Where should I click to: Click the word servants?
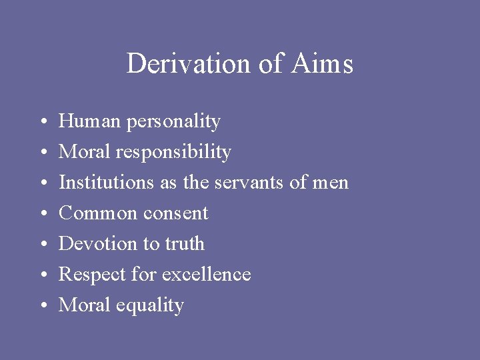pyautogui.click(x=251, y=183)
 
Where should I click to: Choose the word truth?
pyautogui.click(x=183, y=244)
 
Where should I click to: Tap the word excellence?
pyautogui.click(x=207, y=275)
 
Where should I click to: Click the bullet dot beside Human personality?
pyautogui.click(x=41, y=122)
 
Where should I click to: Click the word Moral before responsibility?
pyautogui.click(x=85, y=152)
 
